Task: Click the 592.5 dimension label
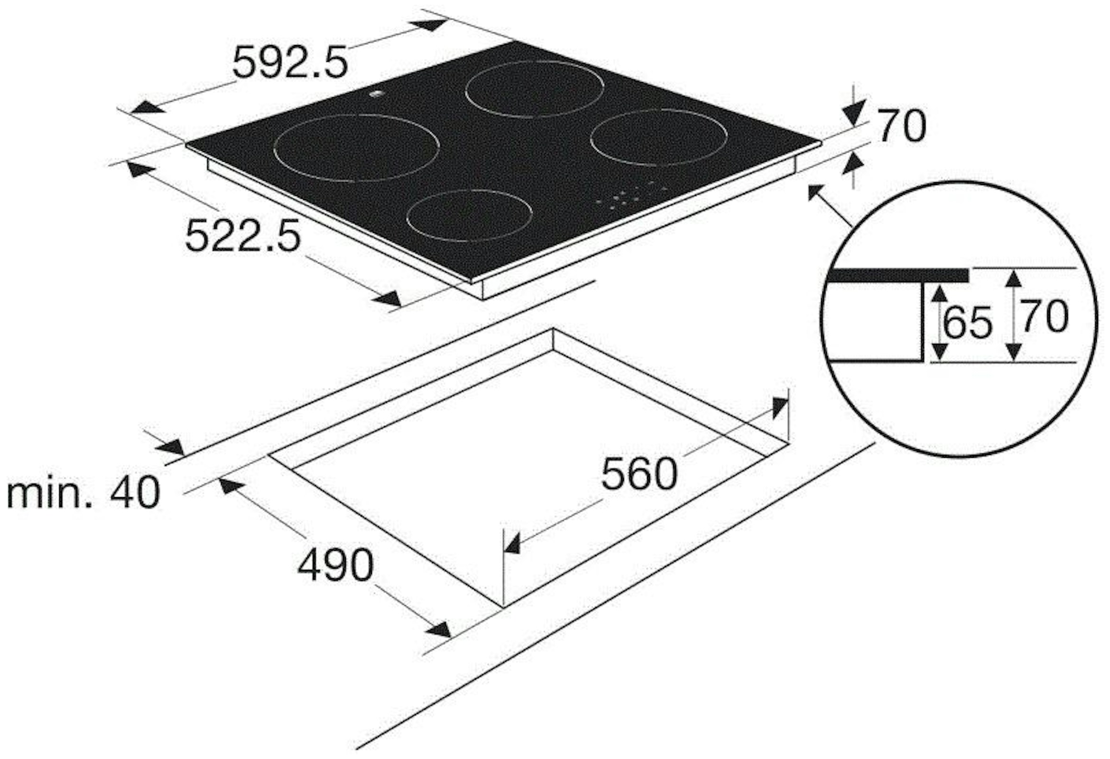click(x=290, y=61)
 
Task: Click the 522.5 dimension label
click(x=243, y=235)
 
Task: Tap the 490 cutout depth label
click(x=335, y=565)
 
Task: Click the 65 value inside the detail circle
click(x=968, y=323)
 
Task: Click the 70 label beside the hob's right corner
click(x=902, y=127)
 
